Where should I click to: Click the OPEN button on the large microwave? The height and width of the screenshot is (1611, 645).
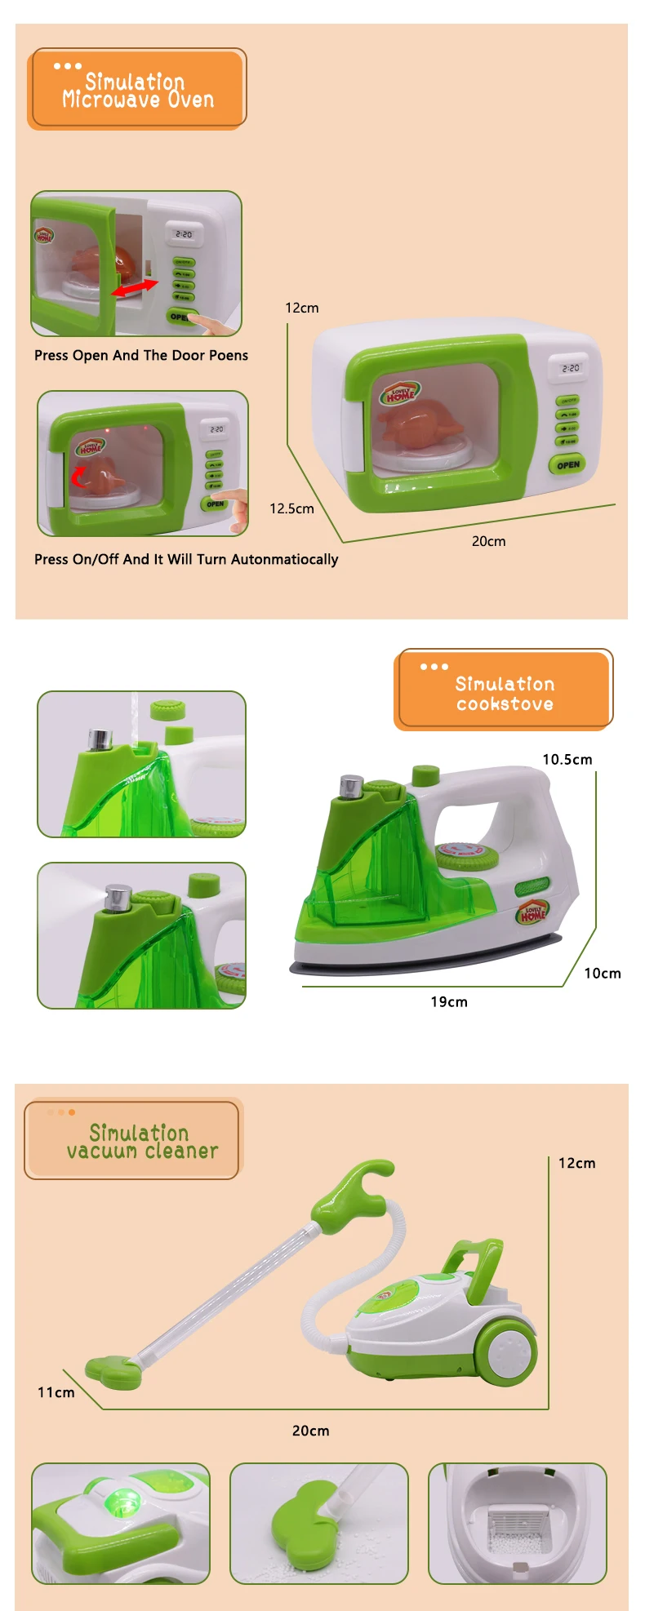point(567,464)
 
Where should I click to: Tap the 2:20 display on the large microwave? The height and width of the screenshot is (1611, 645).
point(570,368)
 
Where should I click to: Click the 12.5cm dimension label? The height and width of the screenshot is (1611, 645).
point(291,508)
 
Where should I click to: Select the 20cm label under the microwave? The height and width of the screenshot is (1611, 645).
point(488,541)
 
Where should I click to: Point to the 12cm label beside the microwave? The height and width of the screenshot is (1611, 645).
point(301,308)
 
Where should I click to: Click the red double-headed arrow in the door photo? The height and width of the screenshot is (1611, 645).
point(136,287)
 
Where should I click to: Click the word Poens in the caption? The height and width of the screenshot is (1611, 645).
point(228,355)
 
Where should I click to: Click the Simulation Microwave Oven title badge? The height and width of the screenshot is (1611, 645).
point(137,90)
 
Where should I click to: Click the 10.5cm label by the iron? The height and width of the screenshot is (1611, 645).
point(567,759)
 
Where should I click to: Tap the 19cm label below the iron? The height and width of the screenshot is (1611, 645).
point(449,1001)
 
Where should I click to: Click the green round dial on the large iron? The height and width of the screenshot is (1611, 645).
point(461,855)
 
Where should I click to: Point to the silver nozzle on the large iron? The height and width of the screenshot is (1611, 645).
point(352,786)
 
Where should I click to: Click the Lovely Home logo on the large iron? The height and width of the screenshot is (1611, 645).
point(533,914)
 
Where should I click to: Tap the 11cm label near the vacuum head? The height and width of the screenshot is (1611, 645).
point(56,1391)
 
